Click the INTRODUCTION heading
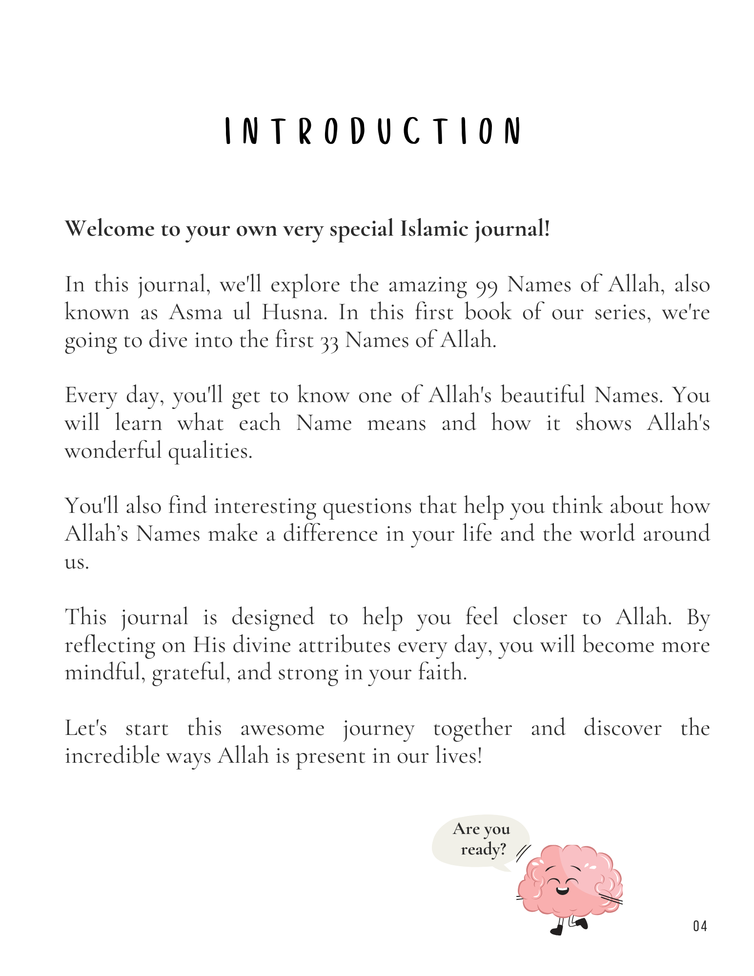(373, 131)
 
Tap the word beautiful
(542, 395)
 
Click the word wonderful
(113, 450)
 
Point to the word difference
(330, 533)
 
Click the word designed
(272, 617)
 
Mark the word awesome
(282, 729)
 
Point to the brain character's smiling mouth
(563, 890)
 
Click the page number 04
(699, 926)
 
